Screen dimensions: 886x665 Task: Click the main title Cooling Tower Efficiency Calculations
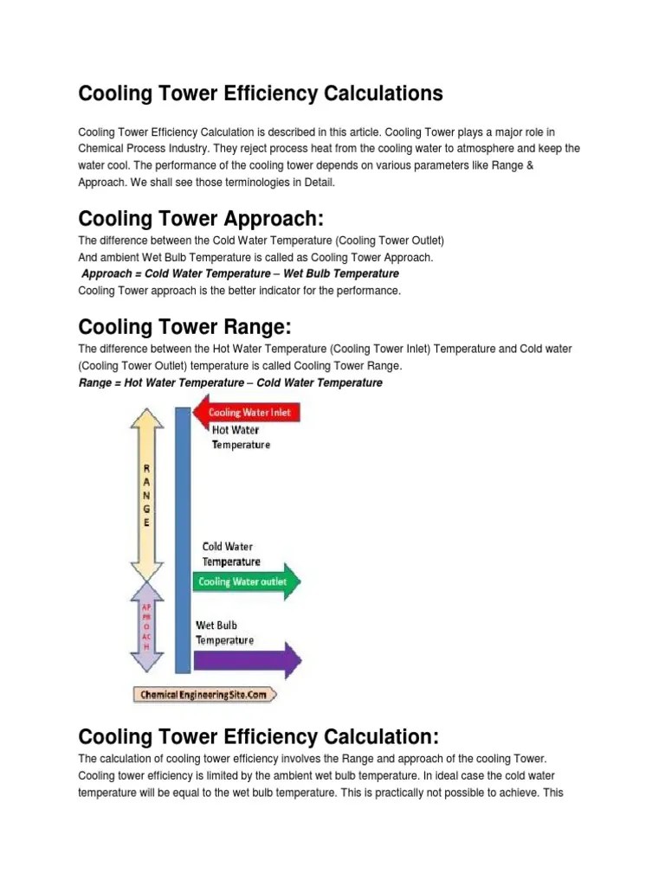tap(261, 93)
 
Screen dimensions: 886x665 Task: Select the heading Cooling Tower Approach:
tap(200, 216)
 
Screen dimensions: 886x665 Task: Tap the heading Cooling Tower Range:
tap(184, 327)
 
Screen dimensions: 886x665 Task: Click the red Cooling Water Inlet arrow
tap(247, 412)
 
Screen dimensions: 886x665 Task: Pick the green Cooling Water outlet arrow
tap(248, 581)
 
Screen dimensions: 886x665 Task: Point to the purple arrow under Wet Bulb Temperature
tap(248, 662)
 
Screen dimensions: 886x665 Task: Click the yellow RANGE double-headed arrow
tap(146, 492)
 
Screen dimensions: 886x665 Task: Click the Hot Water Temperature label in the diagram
tap(241, 437)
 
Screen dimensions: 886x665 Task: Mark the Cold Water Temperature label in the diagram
tap(231, 554)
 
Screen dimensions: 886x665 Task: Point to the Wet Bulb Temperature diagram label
tap(224, 632)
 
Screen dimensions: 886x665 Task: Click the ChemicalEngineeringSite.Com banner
tap(205, 694)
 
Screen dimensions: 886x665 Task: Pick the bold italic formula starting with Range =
tap(230, 382)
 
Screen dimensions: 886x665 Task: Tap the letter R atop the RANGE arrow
tap(146, 468)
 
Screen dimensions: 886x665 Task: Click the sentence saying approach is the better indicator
tap(240, 291)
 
